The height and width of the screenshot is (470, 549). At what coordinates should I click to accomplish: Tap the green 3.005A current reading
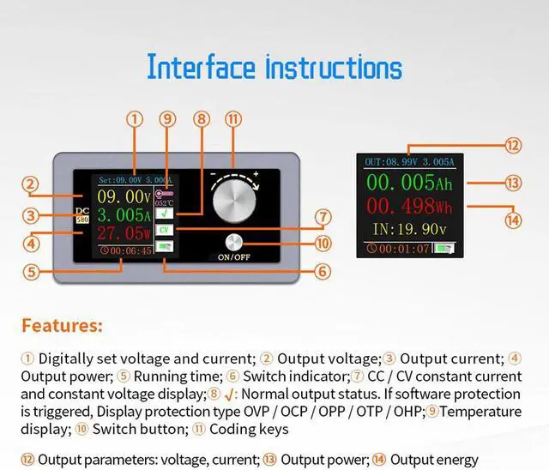tap(124, 215)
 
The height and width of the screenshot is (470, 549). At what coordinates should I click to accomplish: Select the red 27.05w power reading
tap(124, 233)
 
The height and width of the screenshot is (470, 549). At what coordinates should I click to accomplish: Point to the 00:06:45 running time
tap(125, 251)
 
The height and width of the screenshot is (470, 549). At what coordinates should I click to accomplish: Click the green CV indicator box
tap(164, 230)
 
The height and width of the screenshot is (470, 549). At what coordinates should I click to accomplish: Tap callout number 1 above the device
tap(134, 119)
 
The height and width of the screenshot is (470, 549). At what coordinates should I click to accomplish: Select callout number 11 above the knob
tap(232, 119)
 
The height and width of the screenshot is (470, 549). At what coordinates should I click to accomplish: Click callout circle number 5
tap(32, 272)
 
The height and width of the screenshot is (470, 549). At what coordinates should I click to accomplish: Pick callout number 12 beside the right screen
tap(512, 145)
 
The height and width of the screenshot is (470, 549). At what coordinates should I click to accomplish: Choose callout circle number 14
tap(513, 219)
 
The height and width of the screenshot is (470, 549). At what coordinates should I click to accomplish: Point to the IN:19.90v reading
tap(408, 229)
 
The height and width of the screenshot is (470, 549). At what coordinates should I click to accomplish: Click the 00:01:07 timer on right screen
tap(396, 249)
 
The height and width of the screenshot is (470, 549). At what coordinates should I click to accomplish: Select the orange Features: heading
tap(62, 326)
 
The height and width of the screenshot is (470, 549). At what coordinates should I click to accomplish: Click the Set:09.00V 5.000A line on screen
tap(136, 180)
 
